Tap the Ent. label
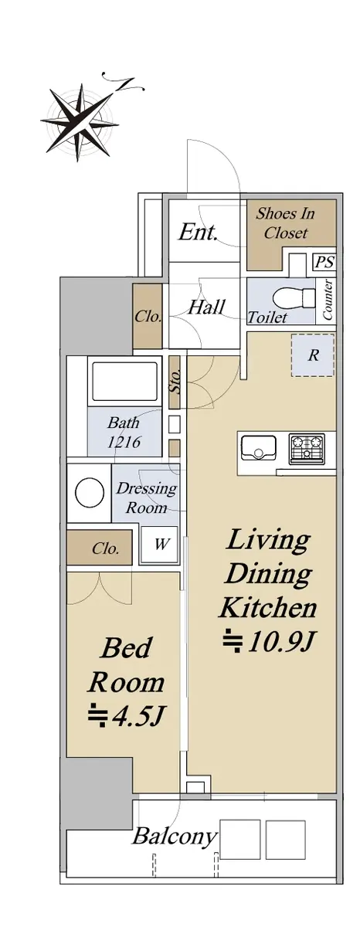(x=198, y=233)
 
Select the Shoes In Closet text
(x=285, y=223)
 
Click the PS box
(x=324, y=263)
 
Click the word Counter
(x=327, y=300)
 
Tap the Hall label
(x=206, y=307)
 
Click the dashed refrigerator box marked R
(x=312, y=355)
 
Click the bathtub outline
(x=124, y=382)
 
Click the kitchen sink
(x=259, y=447)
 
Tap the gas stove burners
(x=307, y=448)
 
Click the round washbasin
(x=90, y=492)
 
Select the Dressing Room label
(x=146, y=497)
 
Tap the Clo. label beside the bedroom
(x=106, y=548)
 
